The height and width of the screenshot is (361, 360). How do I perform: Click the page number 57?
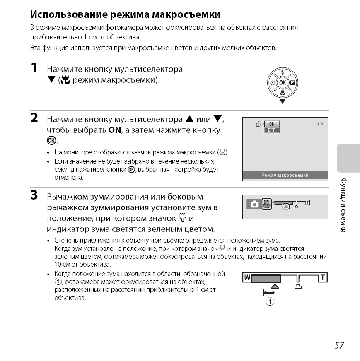(339, 345)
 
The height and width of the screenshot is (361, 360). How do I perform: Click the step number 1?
(35, 67)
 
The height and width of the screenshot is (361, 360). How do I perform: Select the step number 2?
(35, 118)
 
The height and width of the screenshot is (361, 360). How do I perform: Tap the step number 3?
(35, 195)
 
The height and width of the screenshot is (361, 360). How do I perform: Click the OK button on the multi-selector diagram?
(283, 82)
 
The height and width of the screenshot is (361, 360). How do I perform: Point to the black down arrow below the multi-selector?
(283, 101)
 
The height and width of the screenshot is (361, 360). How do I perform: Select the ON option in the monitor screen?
(272, 124)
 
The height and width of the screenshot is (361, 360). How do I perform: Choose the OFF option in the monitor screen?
(272, 130)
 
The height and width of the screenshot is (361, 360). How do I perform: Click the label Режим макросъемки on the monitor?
(285, 175)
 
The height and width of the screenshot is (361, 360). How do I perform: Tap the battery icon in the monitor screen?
(319, 124)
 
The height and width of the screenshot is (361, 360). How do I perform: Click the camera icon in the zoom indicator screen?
(254, 204)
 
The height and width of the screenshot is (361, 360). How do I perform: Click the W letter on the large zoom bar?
(246, 277)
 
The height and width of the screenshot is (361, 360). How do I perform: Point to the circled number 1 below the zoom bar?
(270, 301)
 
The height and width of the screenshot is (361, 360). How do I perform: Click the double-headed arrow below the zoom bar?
(269, 293)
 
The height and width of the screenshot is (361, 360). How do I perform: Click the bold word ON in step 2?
(114, 130)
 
